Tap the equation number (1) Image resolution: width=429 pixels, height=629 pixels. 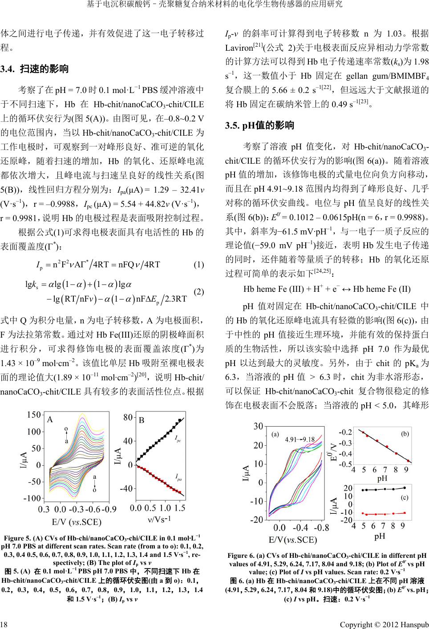(x=198, y=265)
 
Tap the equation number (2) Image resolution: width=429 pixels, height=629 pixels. (x=198, y=292)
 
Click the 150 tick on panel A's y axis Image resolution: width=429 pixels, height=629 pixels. (x=33, y=415)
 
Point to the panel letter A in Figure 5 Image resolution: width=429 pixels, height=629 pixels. (x=50, y=419)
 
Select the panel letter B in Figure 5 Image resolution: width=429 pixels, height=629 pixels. (x=142, y=419)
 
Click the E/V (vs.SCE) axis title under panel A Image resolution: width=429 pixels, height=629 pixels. (x=77, y=521)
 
